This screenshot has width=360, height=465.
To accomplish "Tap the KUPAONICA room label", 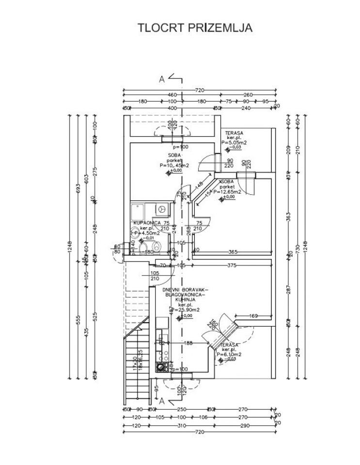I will pyautogui.click(x=146, y=223).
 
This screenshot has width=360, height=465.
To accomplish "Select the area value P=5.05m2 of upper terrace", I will pyautogui.click(x=235, y=143).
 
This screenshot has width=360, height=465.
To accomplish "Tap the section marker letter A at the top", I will pyautogui.click(x=162, y=80).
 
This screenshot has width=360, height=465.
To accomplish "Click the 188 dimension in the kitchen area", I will pyautogui.click(x=189, y=343).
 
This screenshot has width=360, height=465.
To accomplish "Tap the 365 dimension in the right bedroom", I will pyautogui.click(x=233, y=251).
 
